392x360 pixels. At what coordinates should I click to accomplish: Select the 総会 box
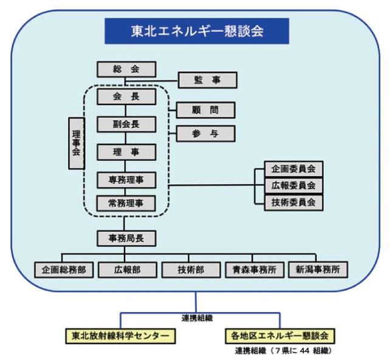(x=126, y=69)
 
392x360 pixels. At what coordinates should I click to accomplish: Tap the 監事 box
(x=207, y=80)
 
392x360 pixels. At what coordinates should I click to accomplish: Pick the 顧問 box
(x=205, y=110)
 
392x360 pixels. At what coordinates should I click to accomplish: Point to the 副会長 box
(x=126, y=124)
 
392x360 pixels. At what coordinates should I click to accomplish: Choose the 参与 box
(x=205, y=134)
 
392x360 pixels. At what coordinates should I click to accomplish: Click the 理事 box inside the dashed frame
(x=126, y=152)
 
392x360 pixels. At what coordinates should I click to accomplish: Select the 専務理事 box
(x=126, y=180)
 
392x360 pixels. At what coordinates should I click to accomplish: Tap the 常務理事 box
(x=126, y=203)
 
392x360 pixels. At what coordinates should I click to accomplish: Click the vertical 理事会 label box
(x=76, y=144)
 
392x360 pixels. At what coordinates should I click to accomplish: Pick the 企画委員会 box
(x=293, y=169)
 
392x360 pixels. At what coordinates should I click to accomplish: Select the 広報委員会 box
(x=293, y=186)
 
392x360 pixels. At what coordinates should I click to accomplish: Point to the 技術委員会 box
(x=293, y=203)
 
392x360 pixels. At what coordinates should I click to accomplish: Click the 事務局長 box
(x=126, y=238)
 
